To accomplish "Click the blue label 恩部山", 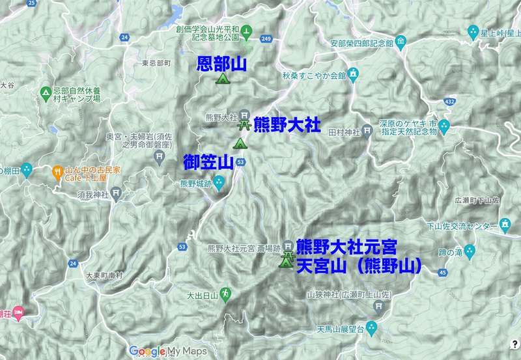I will coord(223,64).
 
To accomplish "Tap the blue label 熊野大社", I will coord(287,124).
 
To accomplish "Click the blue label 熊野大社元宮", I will coord(346,248).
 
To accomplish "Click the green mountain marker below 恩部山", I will coord(222,79).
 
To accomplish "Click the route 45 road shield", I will coord(443,271).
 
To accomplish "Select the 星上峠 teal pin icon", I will coord(473,31).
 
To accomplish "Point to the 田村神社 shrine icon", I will coord(367,132).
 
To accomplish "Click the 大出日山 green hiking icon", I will coord(225,294).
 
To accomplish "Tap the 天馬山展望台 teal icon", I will coord(371,325).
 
